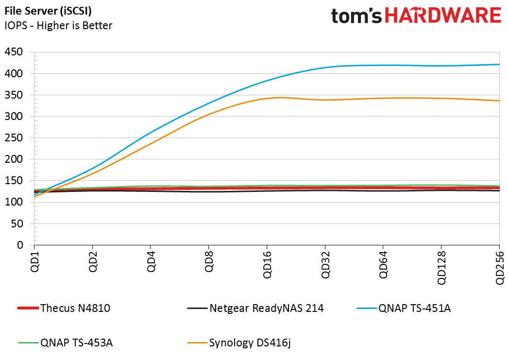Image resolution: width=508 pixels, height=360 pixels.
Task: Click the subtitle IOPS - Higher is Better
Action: pos(58,25)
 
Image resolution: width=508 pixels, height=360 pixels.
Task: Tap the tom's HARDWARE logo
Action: pos(416,16)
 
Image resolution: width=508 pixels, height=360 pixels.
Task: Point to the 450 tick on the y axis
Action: pos(15,52)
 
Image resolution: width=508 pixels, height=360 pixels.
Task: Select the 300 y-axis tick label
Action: pos(15,117)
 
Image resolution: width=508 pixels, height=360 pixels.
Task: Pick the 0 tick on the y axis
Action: pos(20,245)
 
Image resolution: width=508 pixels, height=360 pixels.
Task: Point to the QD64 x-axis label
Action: pos(384,265)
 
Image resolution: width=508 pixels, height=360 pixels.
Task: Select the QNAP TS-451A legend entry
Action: pos(414,308)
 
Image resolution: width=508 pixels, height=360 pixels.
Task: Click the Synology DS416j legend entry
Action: pos(250,343)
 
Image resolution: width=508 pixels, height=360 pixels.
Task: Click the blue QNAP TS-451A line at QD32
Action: pos(325,68)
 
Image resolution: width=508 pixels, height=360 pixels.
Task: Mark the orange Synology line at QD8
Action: pos(209,114)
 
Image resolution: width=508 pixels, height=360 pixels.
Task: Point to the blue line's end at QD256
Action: pos(499,64)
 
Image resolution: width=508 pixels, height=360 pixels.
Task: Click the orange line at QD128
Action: pos(441,98)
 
